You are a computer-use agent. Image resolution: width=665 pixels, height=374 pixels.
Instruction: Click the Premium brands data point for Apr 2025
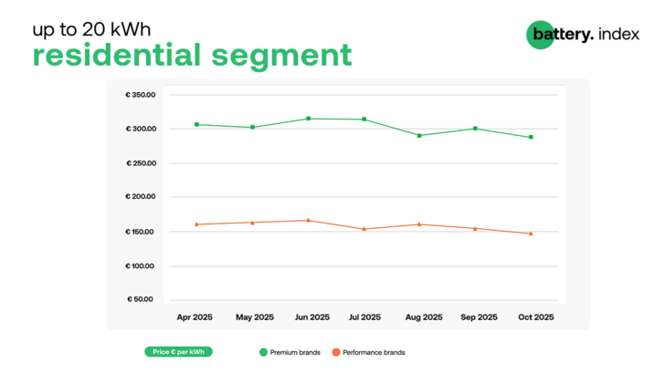(197, 124)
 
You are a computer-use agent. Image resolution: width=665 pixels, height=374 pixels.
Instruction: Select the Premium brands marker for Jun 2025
(309, 119)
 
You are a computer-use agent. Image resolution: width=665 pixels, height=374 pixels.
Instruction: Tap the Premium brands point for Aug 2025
(419, 135)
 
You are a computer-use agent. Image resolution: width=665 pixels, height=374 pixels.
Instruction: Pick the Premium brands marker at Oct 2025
(531, 137)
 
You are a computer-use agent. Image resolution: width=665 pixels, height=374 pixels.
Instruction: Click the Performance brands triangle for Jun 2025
(309, 220)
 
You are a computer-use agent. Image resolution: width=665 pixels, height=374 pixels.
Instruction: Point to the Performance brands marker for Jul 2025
(364, 229)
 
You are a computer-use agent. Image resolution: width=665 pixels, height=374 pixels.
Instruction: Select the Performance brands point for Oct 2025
(531, 234)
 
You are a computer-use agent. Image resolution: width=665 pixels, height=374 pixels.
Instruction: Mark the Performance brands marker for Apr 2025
(197, 223)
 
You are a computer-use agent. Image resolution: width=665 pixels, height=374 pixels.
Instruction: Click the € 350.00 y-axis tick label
(142, 95)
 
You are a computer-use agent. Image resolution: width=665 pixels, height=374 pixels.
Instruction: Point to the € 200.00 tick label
(142, 197)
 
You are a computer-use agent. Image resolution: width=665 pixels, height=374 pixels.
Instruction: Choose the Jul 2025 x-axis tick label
(364, 317)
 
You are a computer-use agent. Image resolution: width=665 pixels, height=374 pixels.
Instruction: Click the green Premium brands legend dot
(263, 351)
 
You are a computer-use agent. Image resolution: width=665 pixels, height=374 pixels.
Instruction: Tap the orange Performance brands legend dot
(335, 351)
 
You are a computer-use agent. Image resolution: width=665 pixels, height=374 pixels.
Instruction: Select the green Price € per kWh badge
(178, 351)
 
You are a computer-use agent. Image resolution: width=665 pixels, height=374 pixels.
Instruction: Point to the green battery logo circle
(540, 35)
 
